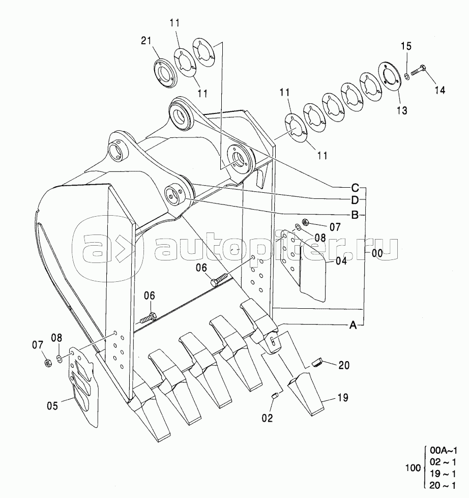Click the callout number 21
(x=146, y=41)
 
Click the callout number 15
(x=406, y=46)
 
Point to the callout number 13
(x=402, y=110)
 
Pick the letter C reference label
(x=355, y=188)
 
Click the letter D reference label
(x=355, y=200)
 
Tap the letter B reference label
(x=355, y=215)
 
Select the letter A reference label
(x=353, y=325)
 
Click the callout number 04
(x=341, y=261)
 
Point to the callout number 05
(x=52, y=406)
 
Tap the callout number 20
(x=344, y=365)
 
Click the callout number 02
(x=267, y=418)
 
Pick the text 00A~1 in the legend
(x=443, y=450)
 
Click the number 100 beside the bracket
(x=413, y=468)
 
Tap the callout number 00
(x=377, y=253)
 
